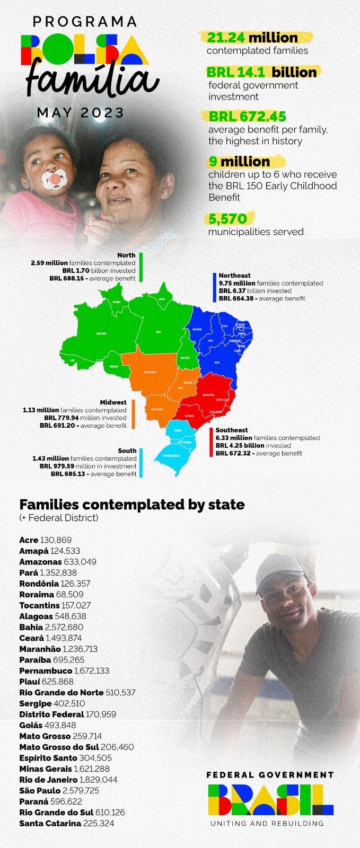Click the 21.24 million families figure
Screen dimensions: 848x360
click(x=252, y=38)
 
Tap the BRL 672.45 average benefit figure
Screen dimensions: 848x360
click(x=248, y=116)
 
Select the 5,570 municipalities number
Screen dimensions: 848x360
click(x=228, y=219)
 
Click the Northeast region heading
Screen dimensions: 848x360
click(x=234, y=276)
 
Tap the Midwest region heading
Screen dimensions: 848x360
click(x=113, y=403)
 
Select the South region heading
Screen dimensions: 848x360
click(x=127, y=450)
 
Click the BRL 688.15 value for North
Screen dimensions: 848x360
click(x=68, y=278)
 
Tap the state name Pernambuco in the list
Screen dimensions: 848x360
click(x=46, y=670)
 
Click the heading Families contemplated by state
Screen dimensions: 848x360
click(x=132, y=504)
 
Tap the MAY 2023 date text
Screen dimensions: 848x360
click(x=81, y=113)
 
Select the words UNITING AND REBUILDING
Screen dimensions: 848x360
click(x=267, y=824)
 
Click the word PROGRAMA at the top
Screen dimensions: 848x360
click(x=85, y=22)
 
